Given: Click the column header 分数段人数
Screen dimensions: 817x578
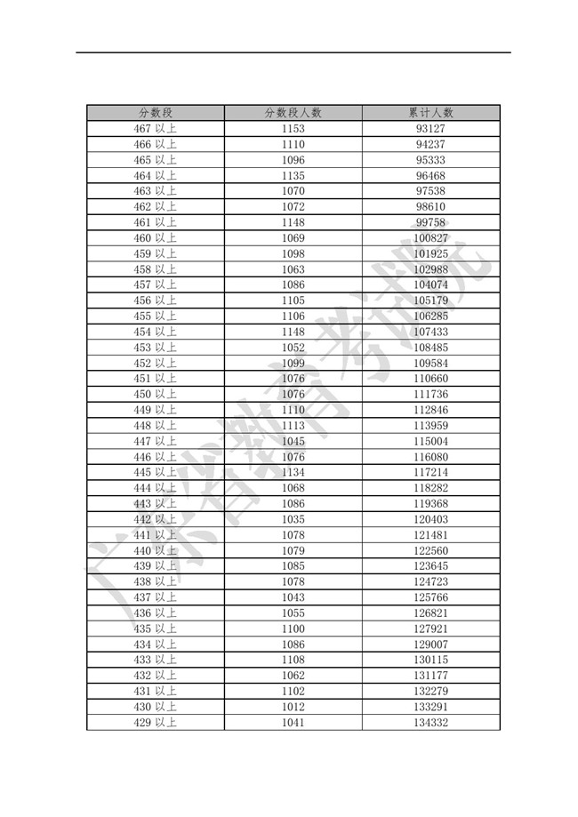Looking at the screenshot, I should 293,113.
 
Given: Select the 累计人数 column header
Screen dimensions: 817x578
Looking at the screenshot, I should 430,113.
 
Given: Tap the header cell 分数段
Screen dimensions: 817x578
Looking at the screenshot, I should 155,113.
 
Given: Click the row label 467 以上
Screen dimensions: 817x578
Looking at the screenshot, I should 155,129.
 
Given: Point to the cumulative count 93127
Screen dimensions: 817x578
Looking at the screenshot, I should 430,129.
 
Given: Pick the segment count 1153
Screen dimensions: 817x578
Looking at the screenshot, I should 293,129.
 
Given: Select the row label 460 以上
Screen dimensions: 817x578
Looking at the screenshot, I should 155,238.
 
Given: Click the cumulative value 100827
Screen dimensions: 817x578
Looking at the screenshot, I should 430,238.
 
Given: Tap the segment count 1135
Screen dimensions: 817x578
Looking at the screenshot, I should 293,176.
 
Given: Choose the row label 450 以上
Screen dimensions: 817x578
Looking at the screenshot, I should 155,395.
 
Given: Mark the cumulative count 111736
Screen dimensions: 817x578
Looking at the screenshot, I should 430,395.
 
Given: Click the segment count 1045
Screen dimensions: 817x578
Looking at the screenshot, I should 293,442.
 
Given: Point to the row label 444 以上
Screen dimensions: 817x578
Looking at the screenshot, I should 155,488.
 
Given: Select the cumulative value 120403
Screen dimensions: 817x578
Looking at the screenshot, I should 430,520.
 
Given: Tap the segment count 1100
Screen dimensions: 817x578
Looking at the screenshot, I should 293,629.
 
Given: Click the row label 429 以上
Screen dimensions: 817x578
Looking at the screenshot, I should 155,723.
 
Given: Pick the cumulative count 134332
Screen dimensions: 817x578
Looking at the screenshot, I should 430,723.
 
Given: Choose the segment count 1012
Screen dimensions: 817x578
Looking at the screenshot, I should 293,708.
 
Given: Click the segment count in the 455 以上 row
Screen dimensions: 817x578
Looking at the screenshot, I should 293,316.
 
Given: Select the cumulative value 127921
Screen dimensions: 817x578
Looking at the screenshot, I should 430,629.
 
